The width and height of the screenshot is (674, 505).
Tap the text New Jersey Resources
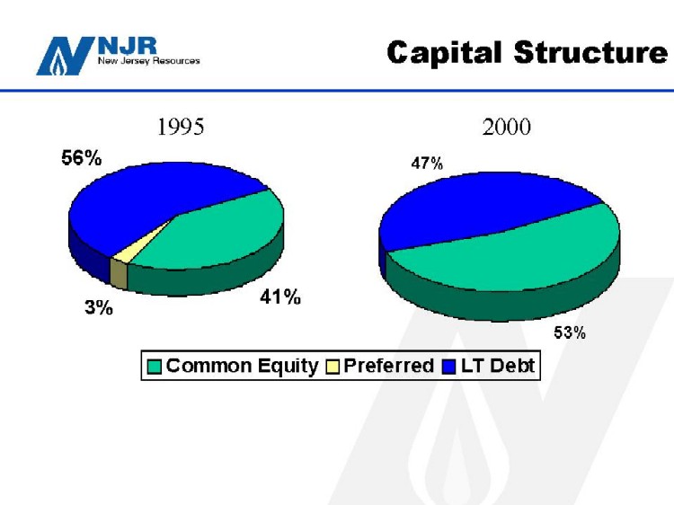pyautogui.click(x=148, y=60)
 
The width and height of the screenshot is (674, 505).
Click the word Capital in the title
pyautogui.click(x=444, y=53)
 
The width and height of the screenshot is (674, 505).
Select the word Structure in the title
pyautogui.click(x=590, y=52)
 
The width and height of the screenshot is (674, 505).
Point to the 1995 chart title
pyautogui.click(x=181, y=127)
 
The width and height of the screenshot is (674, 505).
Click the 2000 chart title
pyautogui.click(x=506, y=127)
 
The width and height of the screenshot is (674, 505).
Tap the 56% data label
pyautogui.click(x=81, y=158)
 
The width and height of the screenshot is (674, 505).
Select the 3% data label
pyautogui.click(x=99, y=307)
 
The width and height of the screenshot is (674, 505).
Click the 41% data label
pyautogui.click(x=280, y=297)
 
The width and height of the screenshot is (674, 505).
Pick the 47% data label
pyautogui.click(x=427, y=164)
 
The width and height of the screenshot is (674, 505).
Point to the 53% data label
pyautogui.click(x=570, y=332)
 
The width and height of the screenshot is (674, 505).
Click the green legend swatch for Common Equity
pyautogui.click(x=154, y=367)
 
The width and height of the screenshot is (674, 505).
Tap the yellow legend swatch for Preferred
pyautogui.click(x=333, y=367)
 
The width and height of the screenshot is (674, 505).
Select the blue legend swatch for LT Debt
pyautogui.click(x=448, y=367)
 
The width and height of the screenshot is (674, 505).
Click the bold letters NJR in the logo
pyautogui.click(x=128, y=46)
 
